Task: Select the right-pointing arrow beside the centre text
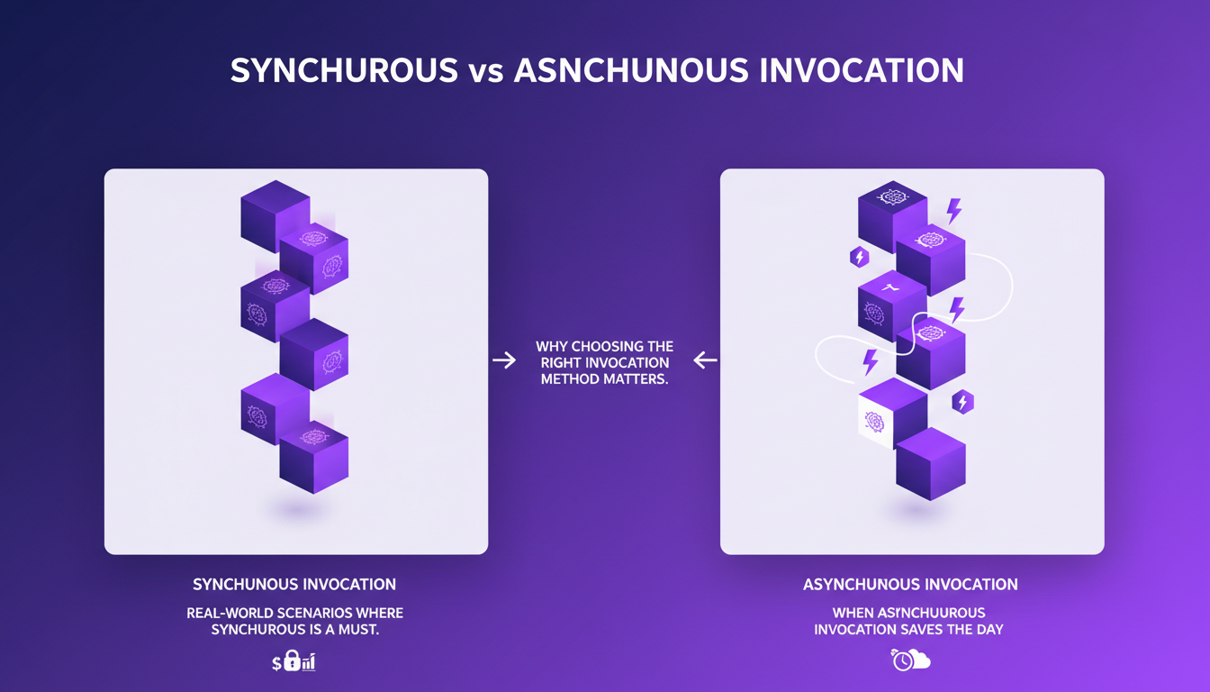504,360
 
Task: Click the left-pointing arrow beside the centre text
705,360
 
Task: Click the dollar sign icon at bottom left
277,664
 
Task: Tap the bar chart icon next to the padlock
308,664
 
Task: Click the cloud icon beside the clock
918,661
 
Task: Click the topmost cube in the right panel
892,214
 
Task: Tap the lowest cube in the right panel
931,464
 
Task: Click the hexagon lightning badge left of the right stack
859,258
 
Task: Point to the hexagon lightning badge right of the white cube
962,402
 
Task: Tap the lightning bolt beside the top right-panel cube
953,211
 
